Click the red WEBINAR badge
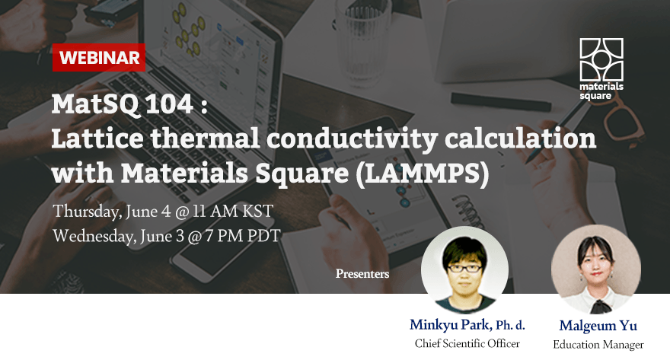(x=99, y=57)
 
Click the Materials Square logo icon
(x=601, y=59)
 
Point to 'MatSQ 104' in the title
(x=121, y=105)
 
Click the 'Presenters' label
(x=362, y=273)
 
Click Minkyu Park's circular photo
(x=464, y=270)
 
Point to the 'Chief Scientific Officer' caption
(x=467, y=344)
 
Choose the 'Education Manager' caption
(x=596, y=346)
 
